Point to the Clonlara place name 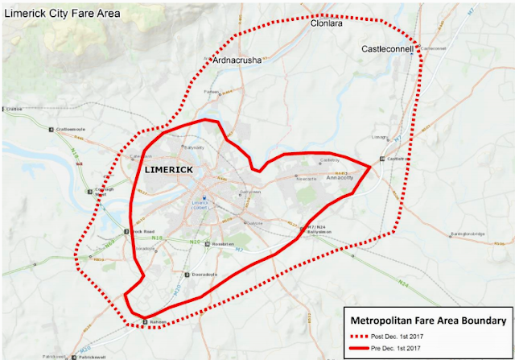point(328,25)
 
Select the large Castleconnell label point(386,50)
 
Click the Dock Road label point(109,232)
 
